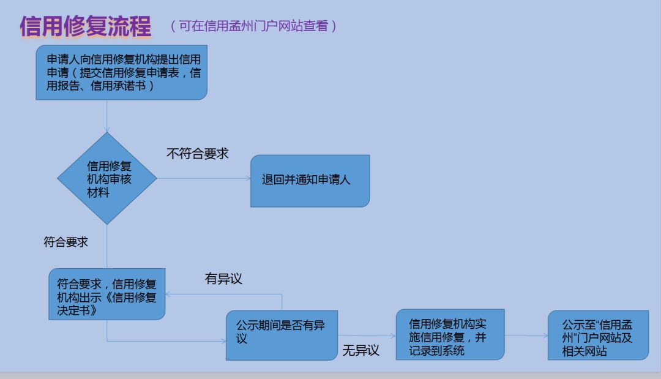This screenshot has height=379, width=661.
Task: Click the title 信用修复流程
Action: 85,26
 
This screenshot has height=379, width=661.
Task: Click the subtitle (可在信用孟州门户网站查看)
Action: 253,26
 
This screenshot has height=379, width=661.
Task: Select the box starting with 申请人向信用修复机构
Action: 121,72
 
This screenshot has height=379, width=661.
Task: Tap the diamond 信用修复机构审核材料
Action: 107,178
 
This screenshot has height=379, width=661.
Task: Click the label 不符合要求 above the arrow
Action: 197,154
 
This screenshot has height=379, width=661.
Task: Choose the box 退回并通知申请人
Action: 310,181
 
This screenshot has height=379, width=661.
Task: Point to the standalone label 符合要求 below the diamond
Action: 65,242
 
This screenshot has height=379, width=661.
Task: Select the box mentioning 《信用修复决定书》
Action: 107,293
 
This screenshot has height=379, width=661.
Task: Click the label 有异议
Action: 223,279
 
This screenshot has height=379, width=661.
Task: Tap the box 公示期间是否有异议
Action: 282,335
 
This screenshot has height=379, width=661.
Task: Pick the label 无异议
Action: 360,351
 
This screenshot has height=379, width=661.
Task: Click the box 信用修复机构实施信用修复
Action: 449,335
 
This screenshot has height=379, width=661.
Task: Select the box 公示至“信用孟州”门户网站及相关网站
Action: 597,335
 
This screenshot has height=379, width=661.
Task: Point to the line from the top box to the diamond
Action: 107,116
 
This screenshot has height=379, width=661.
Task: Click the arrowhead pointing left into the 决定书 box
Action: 170,293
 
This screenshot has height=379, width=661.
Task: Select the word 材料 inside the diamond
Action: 99,193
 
